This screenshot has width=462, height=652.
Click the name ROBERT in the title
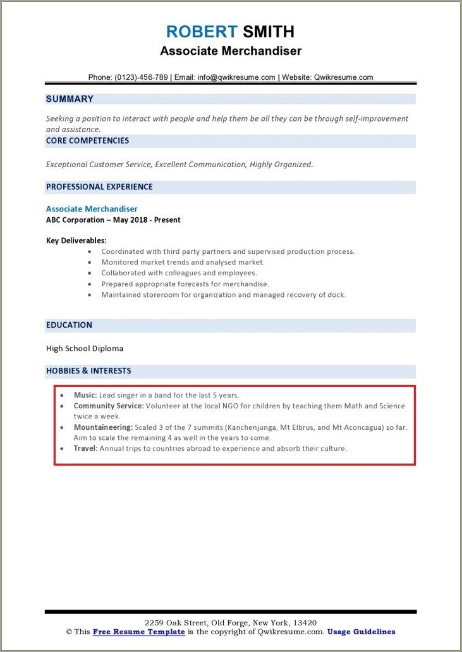(202, 32)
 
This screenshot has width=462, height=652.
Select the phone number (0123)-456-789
(141, 77)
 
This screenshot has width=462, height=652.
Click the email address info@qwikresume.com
(236, 77)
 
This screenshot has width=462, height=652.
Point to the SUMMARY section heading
(70, 99)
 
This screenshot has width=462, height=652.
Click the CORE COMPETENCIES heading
(87, 141)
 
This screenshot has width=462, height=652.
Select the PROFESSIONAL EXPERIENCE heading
(99, 187)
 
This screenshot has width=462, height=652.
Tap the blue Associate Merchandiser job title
(92, 208)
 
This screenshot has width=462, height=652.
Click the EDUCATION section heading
(69, 325)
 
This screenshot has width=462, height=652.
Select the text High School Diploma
(85, 348)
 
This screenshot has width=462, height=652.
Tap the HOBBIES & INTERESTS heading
(88, 370)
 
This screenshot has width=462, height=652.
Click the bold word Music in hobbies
(85, 395)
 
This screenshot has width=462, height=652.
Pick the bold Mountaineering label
(102, 427)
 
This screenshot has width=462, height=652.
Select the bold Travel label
(85, 448)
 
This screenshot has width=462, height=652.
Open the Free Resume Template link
(138, 632)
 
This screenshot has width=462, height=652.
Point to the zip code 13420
(305, 623)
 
